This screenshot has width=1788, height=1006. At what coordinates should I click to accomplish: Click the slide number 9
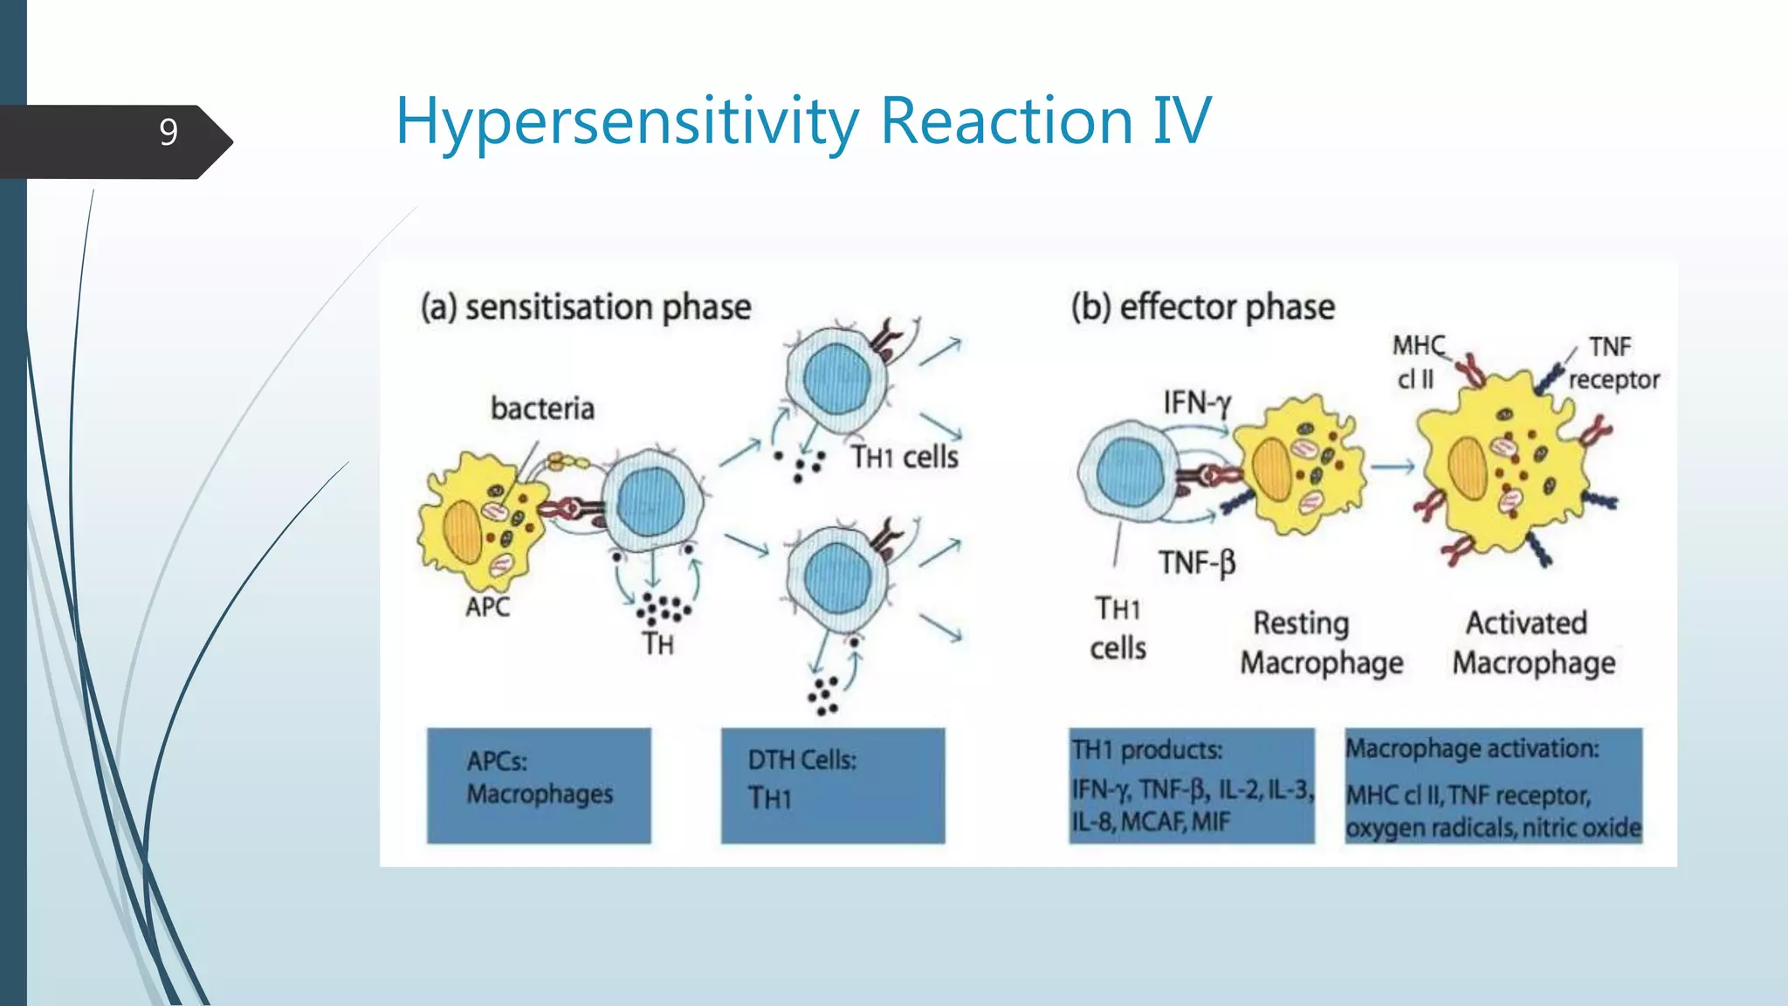click(x=168, y=132)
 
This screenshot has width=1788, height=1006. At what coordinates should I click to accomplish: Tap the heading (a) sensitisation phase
click(x=586, y=307)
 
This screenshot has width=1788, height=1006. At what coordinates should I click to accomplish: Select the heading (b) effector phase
click(x=1202, y=307)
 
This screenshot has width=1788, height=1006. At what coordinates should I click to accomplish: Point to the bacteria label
click(x=542, y=408)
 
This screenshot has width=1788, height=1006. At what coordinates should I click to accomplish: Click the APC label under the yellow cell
click(x=487, y=606)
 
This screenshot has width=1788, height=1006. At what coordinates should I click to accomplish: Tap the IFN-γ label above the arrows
click(x=1196, y=403)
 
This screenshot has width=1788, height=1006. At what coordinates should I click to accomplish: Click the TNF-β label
click(x=1197, y=562)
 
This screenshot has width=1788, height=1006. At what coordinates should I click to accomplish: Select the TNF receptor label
click(x=1612, y=362)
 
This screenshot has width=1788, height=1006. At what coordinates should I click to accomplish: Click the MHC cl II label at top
click(x=1417, y=362)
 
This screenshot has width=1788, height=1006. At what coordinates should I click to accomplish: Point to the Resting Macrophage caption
click(x=1321, y=643)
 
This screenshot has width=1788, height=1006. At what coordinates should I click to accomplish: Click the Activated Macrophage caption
click(x=1533, y=643)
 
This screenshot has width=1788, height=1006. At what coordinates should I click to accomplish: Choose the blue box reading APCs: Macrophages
click(x=539, y=785)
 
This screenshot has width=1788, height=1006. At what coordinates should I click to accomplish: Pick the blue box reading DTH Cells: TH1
click(x=832, y=785)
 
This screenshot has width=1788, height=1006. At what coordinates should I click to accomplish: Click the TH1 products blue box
click(x=1191, y=785)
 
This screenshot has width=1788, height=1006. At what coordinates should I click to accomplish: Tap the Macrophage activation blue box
click(x=1493, y=785)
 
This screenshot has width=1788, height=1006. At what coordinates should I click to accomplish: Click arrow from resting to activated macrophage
click(x=1392, y=467)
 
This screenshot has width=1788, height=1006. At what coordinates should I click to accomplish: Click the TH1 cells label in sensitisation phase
click(x=904, y=457)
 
